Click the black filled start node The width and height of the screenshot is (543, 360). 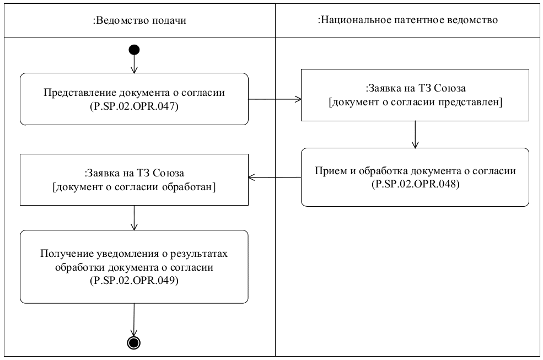133,50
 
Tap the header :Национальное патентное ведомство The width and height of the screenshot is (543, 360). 408,20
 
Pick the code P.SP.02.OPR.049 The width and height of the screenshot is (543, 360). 135,280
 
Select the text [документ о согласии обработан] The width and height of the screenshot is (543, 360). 135,187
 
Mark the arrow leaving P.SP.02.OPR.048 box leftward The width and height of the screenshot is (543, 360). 274,178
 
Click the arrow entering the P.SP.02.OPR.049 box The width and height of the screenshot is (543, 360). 134,217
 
